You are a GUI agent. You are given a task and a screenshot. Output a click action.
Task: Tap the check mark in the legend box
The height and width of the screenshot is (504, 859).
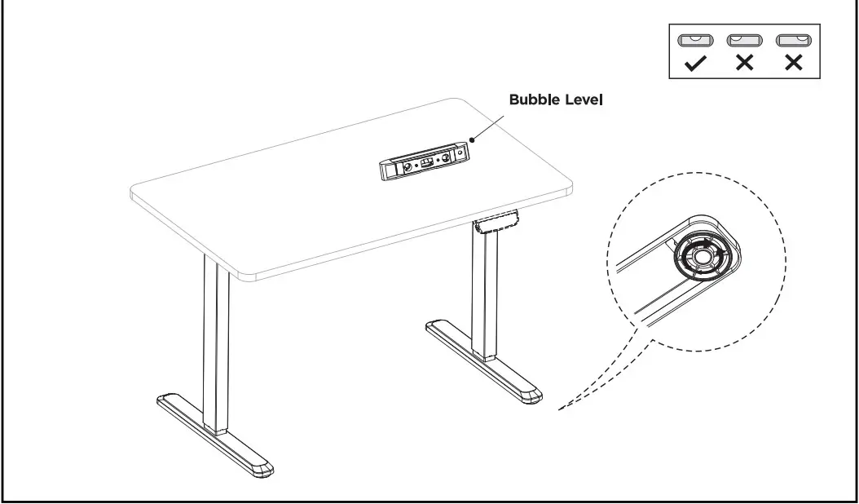[694, 63]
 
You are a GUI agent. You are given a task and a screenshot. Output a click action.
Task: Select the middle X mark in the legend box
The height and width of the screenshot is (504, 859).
[742, 63]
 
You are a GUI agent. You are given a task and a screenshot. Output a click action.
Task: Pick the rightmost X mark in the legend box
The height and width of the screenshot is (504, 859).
[791, 63]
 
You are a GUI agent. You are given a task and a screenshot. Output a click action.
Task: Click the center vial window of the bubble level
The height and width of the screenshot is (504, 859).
[425, 162]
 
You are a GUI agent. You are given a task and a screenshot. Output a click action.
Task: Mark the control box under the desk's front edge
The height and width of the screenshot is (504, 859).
[496, 222]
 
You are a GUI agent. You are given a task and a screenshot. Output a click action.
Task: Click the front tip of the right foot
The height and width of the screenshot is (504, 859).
[531, 396]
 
